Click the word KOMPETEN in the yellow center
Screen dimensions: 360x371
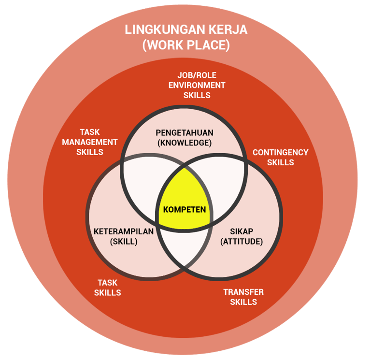(185, 210)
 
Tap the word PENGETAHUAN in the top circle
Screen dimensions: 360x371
(185, 132)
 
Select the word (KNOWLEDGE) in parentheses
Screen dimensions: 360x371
(185, 143)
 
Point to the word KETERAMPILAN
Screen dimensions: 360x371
(124, 231)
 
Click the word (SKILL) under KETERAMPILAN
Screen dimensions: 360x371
(124, 241)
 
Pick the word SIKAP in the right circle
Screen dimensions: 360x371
(242, 231)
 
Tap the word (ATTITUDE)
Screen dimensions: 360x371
(242, 241)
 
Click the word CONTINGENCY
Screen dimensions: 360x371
(280, 152)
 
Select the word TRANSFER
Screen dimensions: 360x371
(243, 292)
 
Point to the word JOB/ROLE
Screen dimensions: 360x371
(197, 75)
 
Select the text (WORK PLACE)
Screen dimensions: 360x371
(186, 45)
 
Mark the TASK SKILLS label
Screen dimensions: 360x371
(107, 288)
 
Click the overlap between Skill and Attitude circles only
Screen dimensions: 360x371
(185, 249)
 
